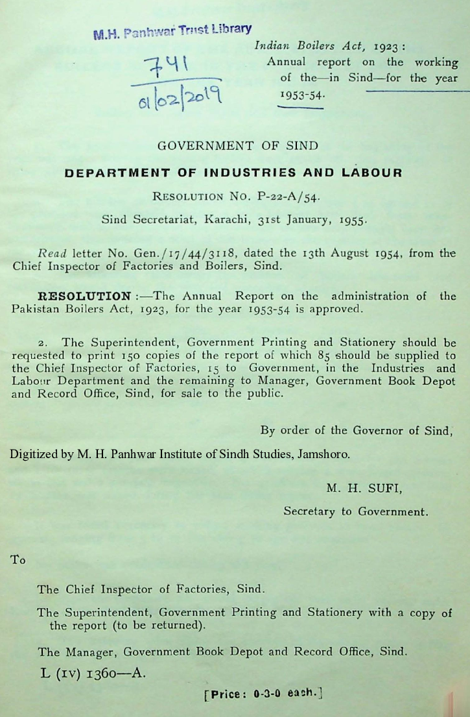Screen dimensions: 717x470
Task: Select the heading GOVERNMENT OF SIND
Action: [238, 146]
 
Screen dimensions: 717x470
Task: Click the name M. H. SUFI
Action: [364, 490]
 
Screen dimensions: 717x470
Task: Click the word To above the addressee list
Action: [18, 560]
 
